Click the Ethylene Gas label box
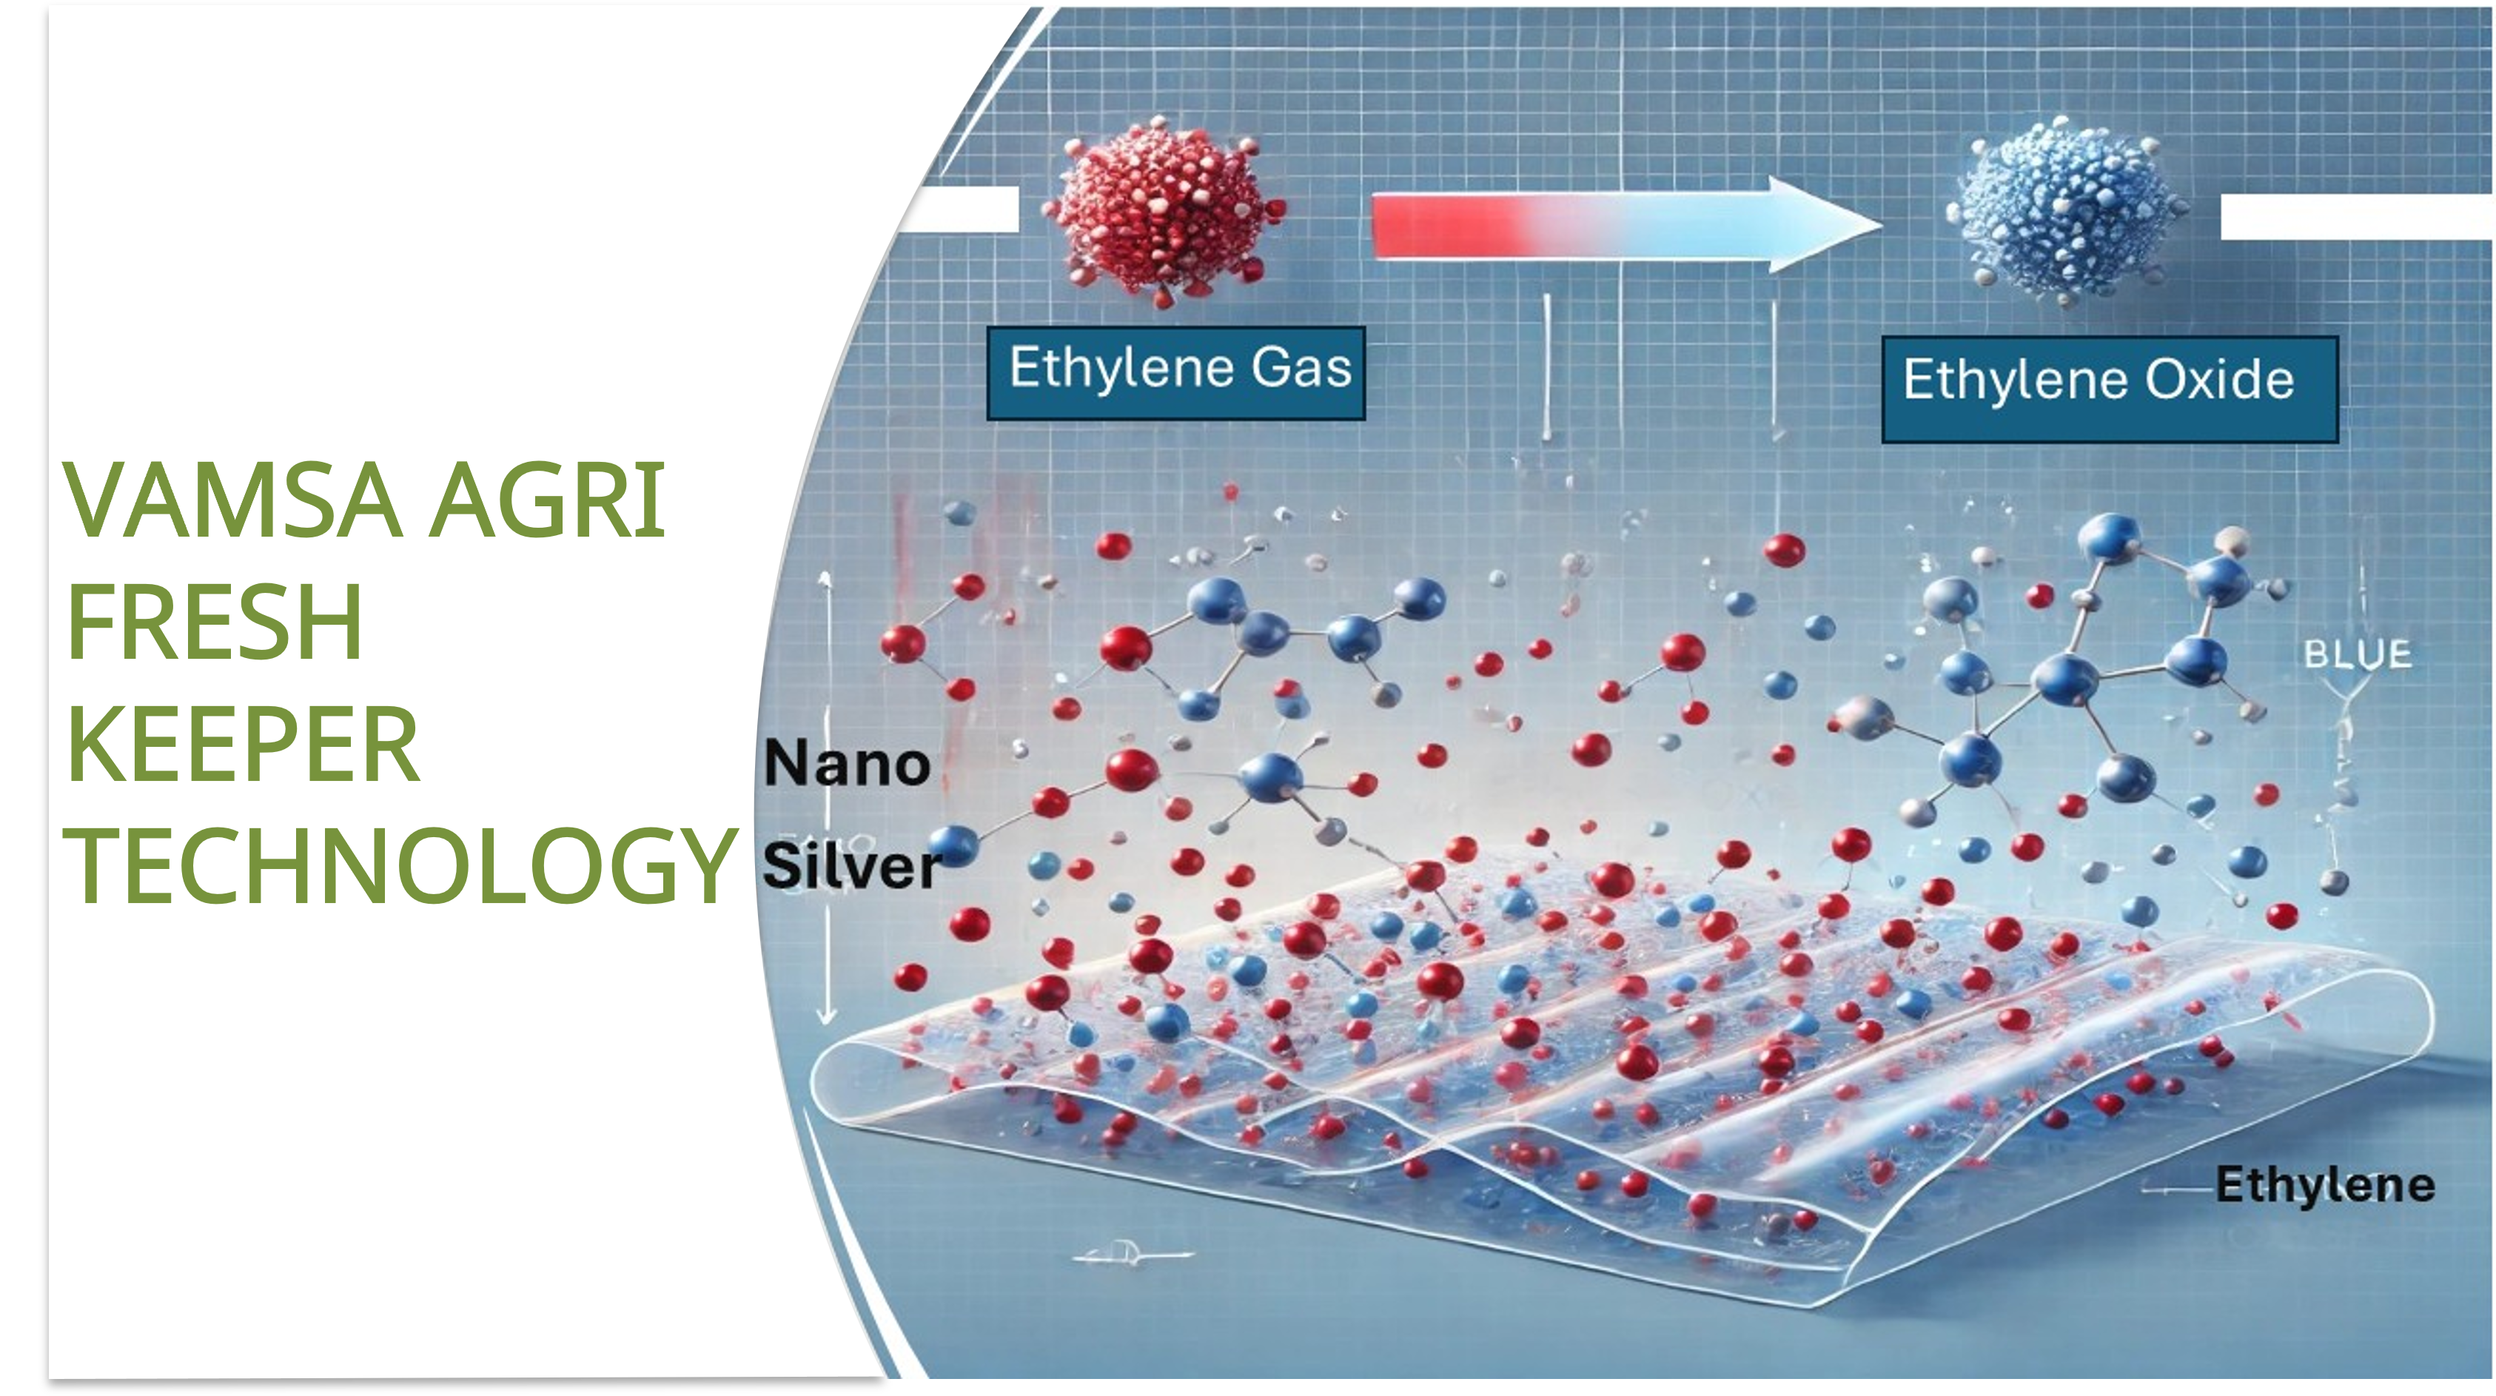1175,373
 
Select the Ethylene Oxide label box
2110,389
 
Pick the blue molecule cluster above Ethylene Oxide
2064,210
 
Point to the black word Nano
847,763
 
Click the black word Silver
851,865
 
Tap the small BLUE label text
2358,655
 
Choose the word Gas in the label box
1301,367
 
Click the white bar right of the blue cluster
2358,216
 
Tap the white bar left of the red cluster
959,209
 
